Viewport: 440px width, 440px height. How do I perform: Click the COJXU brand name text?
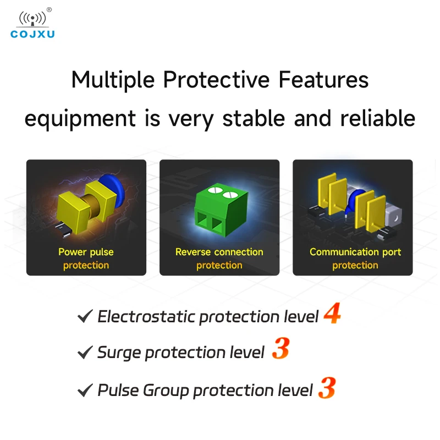point(32,34)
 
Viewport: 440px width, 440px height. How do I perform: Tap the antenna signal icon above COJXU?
point(32,19)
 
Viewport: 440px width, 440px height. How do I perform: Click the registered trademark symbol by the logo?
point(49,10)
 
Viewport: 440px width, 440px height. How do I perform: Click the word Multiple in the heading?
point(113,80)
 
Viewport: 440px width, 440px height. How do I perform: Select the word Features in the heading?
point(323,80)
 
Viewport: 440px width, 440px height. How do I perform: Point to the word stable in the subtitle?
point(254,118)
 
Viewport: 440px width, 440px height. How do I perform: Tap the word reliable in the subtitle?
point(378,118)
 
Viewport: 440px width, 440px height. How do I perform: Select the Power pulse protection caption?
point(86,258)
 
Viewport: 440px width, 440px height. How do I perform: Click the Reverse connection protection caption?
point(219,258)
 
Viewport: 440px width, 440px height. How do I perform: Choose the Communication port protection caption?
point(355,258)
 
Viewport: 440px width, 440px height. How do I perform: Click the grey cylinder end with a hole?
point(394,217)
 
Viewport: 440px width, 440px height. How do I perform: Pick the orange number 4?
point(332,313)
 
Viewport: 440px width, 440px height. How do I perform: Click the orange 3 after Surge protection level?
point(280,348)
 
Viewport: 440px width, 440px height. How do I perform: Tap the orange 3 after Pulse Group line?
point(327,388)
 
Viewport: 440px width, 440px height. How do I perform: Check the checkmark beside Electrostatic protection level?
point(85,316)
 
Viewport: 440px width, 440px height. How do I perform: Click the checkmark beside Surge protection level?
point(85,352)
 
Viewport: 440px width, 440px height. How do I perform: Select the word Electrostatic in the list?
point(146,317)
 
